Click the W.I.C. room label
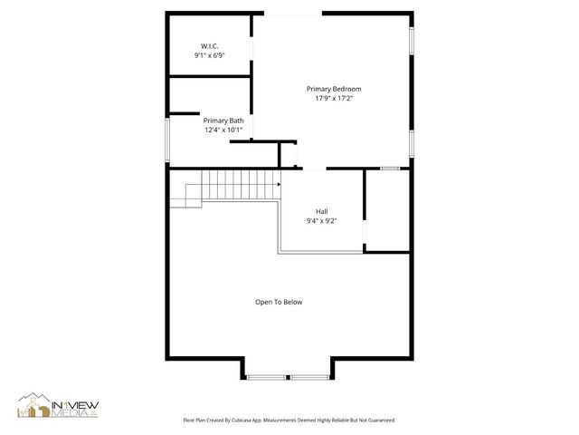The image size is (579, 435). pyautogui.click(x=209, y=46)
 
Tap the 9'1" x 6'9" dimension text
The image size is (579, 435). pyautogui.click(x=209, y=55)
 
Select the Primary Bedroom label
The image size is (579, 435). pyautogui.click(x=334, y=89)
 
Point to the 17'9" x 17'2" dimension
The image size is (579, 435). pyautogui.click(x=334, y=98)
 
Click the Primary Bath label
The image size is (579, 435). pyautogui.click(x=223, y=121)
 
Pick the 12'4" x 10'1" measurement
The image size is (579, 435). pyautogui.click(x=223, y=130)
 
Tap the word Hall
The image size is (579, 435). pyautogui.click(x=321, y=211)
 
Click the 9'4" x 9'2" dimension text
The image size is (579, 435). pyautogui.click(x=321, y=220)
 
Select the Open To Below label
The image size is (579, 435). pyautogui.click(x=279, y=302)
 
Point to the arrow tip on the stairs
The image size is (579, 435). pyautogui.click(x=280, y=184)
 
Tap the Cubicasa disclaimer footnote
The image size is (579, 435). pyautogui.click(x=289, y=420)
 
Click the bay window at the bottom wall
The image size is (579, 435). pyautogui.click(x=289, y=376)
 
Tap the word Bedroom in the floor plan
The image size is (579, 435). pyautogui.click(x=347, y=89)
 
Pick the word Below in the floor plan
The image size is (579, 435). pyautogui.click(x=292, y=302)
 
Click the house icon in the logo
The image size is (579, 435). pyautogui.click(x=34, y=407)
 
